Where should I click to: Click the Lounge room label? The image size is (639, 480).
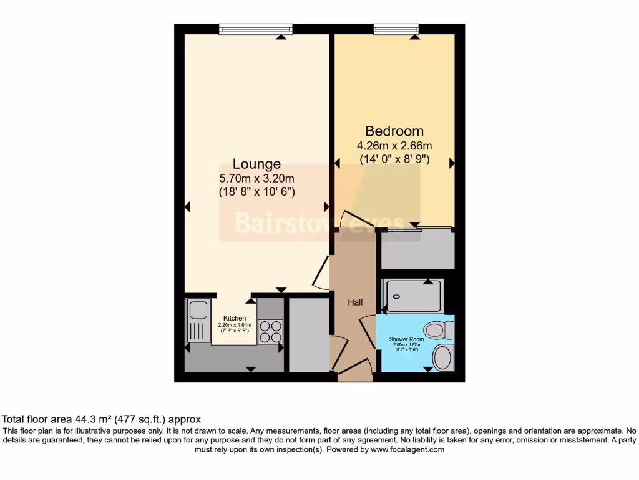point(256,164)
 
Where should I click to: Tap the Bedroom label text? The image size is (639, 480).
point(394,131)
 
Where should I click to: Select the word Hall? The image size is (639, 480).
point(355,302)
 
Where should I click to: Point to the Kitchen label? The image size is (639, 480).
point(234,319)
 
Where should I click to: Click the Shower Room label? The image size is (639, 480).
point(406,339)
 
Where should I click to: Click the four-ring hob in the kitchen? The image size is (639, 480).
point(270,331)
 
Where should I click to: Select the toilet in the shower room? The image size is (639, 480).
point(437,329)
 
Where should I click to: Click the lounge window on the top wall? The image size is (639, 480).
point(256,29)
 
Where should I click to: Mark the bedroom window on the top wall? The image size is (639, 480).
point(396,29)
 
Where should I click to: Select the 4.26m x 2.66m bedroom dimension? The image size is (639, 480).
point(394,146)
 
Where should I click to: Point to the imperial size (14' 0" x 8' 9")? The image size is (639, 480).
point(394,159)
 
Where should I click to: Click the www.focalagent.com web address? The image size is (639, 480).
point(407,449)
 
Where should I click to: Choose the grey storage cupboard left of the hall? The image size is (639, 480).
point(308,334)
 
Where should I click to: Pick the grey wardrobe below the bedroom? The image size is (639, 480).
point(417,250)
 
